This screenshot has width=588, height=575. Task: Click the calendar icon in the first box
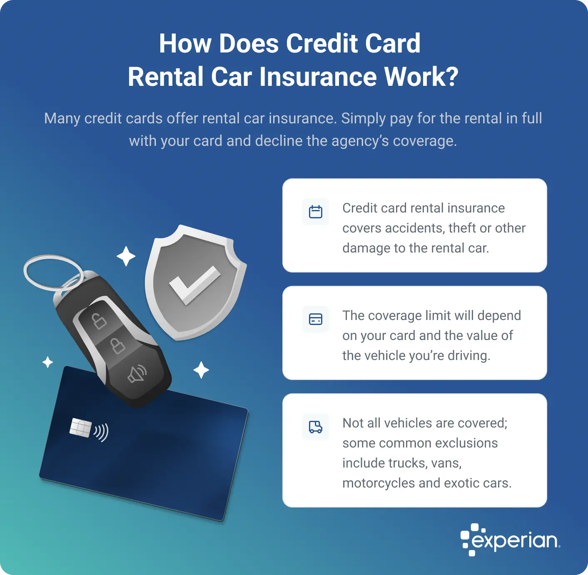tap(316, 212)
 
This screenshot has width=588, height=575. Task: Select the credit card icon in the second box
tap(316, 319)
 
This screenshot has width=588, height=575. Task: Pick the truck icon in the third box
tap(316, 427)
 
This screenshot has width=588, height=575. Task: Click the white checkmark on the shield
tap(194, 285)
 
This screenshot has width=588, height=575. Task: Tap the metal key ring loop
tap(52, 273)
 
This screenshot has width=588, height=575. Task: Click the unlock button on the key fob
tap(99, 321)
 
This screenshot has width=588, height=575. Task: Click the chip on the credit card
tap(80, 427)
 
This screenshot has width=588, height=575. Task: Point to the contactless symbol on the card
tap(101, 432)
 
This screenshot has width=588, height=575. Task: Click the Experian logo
tap(510, 540)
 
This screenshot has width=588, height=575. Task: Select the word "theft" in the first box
tap(462, 228)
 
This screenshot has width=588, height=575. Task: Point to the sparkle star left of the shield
tap(126, 256)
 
